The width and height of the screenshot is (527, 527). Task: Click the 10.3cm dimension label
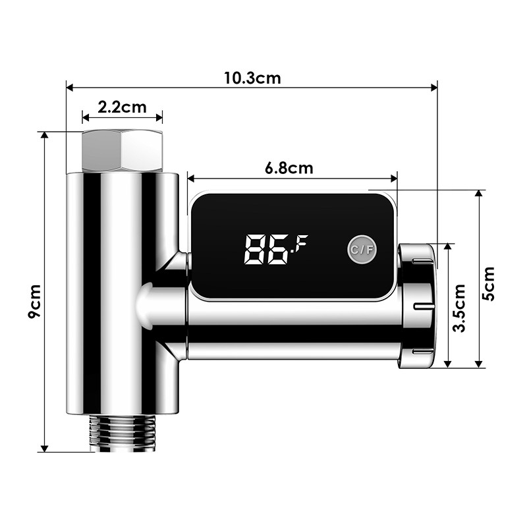click(252, 78)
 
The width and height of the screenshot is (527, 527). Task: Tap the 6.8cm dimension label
click(289, 167)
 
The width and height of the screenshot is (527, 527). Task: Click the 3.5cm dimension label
click(460, 308)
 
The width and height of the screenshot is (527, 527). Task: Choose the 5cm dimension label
click(488, 283)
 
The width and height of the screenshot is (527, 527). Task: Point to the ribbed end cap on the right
click(417, 306)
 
